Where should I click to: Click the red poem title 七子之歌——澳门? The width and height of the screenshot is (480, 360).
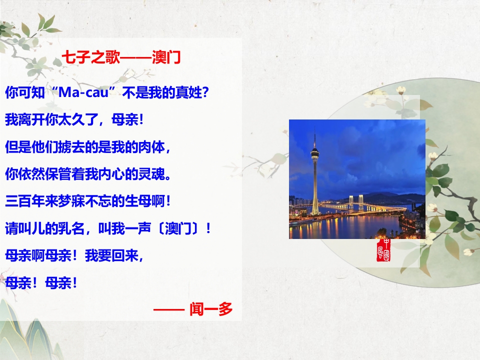(x=121, y=57)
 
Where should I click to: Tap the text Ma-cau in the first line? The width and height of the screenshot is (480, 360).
(x=83, y=92)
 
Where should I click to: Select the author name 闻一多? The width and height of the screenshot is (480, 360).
(x=211, y=309)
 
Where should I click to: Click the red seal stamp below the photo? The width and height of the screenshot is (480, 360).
(x=383, y=250)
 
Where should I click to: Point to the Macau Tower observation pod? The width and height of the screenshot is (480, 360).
(x=315, y=152)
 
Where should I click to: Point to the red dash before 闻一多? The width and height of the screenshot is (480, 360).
(x=168, y=310)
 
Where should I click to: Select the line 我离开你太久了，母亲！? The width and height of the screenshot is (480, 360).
(x=74, y=119)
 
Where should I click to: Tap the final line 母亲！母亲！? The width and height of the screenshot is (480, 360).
(x=41, y=282)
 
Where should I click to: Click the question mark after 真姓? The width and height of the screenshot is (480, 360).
(x=205, y=92)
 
